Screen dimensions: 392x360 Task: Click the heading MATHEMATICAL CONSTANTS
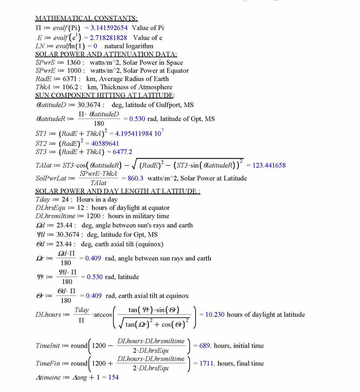(x=86, y=18)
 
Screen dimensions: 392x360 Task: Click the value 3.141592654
(x=109, y=28)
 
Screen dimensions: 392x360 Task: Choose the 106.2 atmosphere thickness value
(x=71, y=87)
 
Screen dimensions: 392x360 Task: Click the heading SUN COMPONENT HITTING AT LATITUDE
(x=105, y=96)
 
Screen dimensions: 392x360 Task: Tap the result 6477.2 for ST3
(x=122, y=152)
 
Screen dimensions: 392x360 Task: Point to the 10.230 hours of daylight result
(x=215, y=315)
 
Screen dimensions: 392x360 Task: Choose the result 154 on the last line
(x=113, y=378)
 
